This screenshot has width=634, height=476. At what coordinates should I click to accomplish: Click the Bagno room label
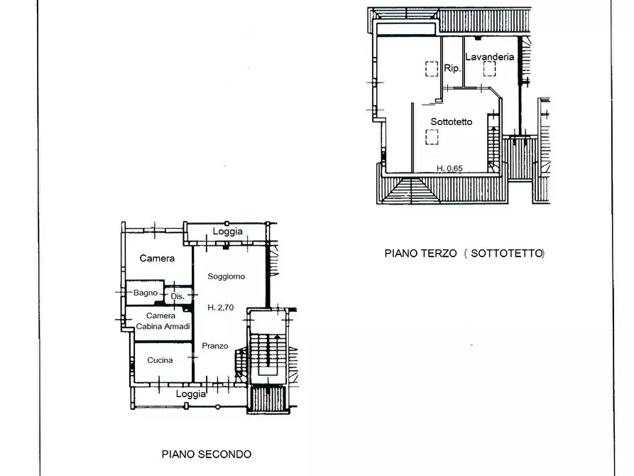coord(146,293)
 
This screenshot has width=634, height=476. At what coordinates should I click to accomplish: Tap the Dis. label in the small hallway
coord(177,296)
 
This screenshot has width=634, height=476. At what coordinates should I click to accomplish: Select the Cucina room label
coord(160,359)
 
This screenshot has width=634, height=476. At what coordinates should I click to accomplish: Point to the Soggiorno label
coord(226,276)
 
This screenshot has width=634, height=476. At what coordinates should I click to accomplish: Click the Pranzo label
coord(214,346)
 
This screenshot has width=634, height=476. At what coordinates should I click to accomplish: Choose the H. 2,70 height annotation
coord(220,308)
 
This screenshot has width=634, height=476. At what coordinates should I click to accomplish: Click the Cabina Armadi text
coord(163,326)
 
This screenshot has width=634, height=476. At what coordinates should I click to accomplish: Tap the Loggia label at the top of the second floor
coord(228,231)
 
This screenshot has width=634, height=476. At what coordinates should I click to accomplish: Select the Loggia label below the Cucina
coord(191,394)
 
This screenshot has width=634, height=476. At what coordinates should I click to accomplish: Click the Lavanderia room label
coord(490,57)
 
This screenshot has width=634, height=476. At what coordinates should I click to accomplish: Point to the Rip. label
coord(452,68)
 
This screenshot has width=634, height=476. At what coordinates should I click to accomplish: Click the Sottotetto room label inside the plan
coord(452,121)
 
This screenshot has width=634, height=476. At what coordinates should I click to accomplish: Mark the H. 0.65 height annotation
coord(449,168)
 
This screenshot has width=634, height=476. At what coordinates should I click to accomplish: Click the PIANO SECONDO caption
coord(207,454)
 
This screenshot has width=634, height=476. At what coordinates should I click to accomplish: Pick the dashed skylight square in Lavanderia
coord(490,69)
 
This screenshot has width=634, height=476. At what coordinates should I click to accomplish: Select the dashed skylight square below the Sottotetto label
coord(432,137)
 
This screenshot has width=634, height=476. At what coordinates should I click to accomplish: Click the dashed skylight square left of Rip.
coord(432,69)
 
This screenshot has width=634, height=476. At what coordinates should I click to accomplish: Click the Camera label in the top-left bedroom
coord(157,258)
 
